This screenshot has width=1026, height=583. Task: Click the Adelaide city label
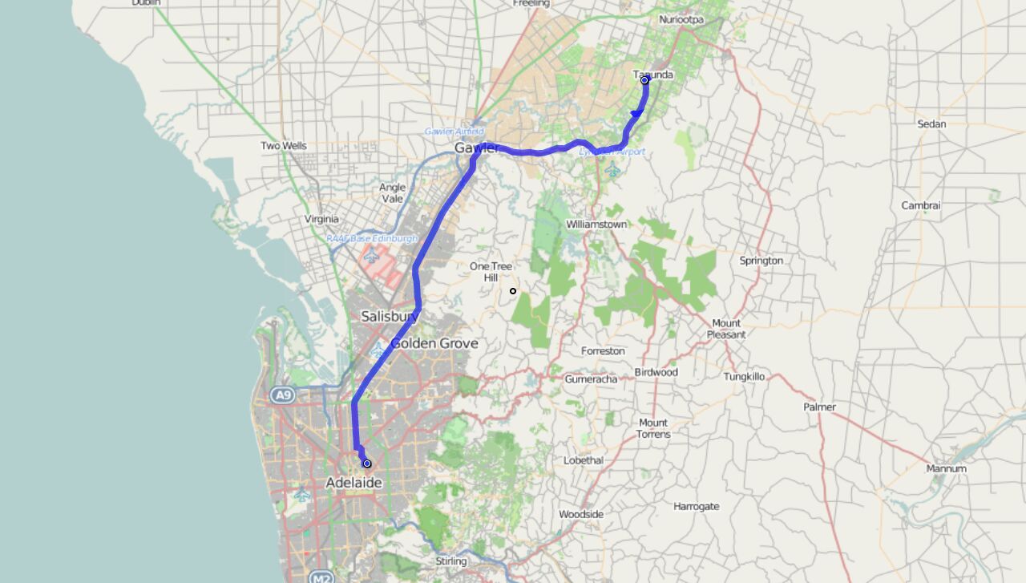[353, 483]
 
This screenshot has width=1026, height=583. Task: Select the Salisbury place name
[390, 317]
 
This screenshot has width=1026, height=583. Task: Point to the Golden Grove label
[434, 343]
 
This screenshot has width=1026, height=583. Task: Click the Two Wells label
[283, 146]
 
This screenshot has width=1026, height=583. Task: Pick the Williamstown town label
[596, 225]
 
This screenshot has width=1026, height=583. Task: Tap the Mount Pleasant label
[726, 329]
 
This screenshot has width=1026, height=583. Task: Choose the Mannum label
[946, 468]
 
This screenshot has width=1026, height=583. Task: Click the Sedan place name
[931, 124]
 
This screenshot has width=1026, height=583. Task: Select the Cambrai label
[920, 205]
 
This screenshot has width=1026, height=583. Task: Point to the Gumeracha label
[591, 379]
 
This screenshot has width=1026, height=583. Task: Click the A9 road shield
[281, 395]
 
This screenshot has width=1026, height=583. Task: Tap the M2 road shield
[320, 577]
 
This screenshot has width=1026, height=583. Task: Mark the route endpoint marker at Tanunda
[644, 79]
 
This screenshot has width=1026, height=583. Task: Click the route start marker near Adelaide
[367, 464]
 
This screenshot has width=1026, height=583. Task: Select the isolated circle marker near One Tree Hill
[513, 290]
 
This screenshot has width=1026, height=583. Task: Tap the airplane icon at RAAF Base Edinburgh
[371, 256]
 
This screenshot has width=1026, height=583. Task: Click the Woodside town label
[581, 514]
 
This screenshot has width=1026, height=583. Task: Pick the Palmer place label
[819, 407]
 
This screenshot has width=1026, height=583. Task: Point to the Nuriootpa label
[682, 18]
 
